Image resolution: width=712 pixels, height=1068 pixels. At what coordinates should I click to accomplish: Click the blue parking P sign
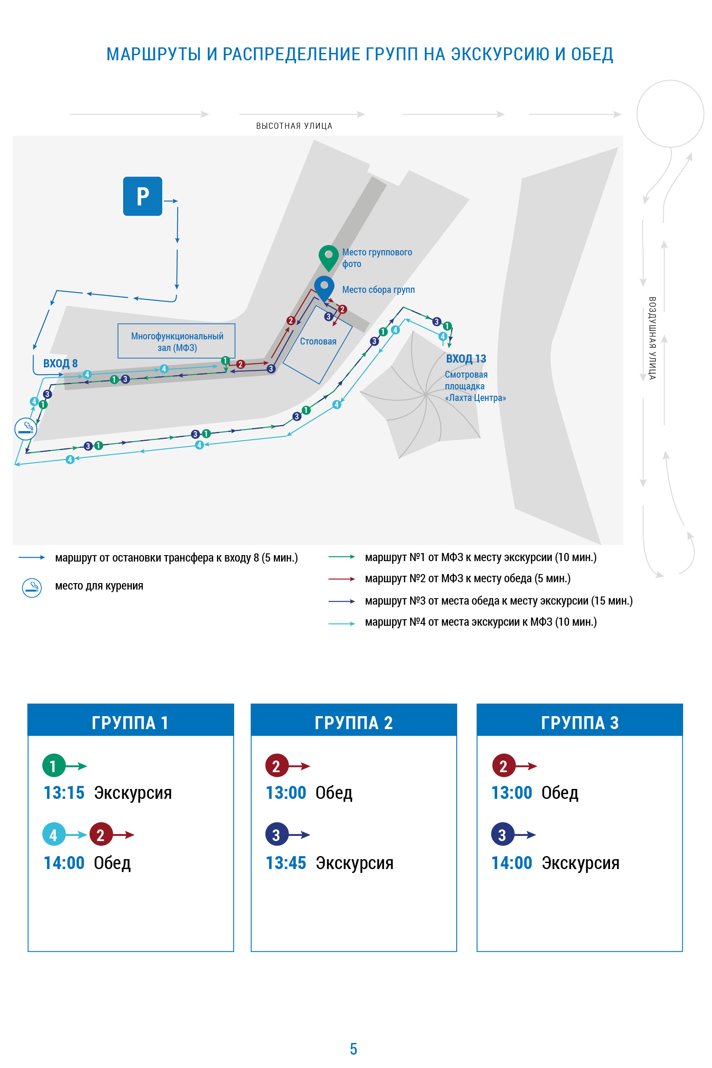click(x=142, y=196)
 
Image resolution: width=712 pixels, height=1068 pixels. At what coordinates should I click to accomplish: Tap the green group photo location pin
click(x=328, y=258)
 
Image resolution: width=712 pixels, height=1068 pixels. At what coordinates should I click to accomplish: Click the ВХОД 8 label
click(x=60, y=363)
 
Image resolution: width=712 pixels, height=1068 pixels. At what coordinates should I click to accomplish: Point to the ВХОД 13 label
click(x=466, y=359)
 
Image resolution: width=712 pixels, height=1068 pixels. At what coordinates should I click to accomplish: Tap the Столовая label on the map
click(x=318, y=341)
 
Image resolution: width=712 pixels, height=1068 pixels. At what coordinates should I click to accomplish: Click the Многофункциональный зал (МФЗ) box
click(x=176, y=341)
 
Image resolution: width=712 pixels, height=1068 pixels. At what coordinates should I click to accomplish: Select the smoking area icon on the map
click(x=26, y=428)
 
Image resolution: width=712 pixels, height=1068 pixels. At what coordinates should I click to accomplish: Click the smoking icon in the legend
click(x=32, y=588)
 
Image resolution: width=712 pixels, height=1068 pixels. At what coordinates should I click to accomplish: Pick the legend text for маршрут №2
click(x=467, y=578)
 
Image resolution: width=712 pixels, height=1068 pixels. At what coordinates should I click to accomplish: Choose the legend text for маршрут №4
click(x=481, y=622)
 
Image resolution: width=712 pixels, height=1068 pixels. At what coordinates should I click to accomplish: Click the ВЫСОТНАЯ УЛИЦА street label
click(x=294, y=126)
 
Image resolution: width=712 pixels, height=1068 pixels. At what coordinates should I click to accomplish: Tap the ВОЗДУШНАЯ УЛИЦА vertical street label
click(x=652, y=338)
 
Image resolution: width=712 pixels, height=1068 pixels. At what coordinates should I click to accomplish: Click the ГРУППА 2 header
click(x=354, y=723)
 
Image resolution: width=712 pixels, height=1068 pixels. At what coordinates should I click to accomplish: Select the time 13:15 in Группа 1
click(x=64, y=793)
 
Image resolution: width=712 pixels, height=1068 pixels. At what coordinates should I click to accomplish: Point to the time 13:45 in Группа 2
click(x=286, y=863)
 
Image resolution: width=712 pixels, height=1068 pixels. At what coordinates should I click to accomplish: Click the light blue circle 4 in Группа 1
click(x=53, y=835)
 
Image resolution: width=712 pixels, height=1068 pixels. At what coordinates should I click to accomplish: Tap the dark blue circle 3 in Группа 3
click(x=503, y=835)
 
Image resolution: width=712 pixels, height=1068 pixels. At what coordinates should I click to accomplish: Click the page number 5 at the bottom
click(x=354, y=1049)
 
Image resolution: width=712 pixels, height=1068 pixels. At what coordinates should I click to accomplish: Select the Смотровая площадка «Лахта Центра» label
click(x=475, y=386)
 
